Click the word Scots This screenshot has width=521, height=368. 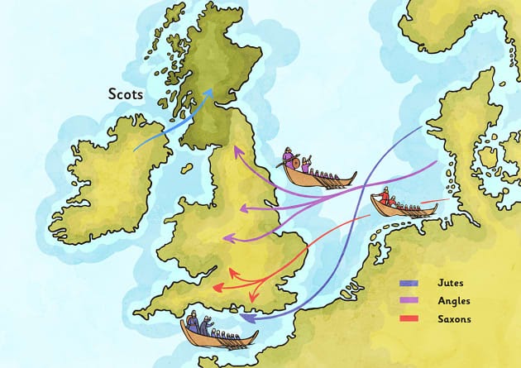(125, 94)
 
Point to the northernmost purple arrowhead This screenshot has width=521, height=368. (236, 151)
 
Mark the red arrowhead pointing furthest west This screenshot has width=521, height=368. (217, 288)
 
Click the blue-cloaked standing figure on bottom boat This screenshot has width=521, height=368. (193, 323)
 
